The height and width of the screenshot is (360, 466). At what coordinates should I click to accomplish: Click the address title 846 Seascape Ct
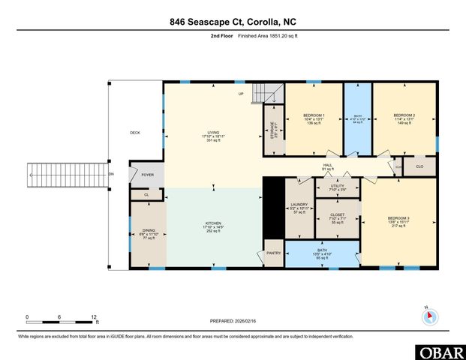(233, 23)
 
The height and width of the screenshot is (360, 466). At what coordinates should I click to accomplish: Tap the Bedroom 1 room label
(314, 115)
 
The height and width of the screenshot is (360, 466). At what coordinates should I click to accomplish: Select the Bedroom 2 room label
(404, 115)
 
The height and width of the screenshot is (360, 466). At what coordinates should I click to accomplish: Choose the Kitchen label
(213, 223)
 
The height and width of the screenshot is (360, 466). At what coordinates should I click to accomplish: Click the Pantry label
(274, 253)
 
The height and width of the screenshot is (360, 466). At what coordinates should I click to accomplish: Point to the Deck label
(135, 133)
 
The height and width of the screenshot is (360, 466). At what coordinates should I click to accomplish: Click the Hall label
(326, 166)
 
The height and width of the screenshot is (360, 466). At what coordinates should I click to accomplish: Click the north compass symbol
(428, 315)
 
